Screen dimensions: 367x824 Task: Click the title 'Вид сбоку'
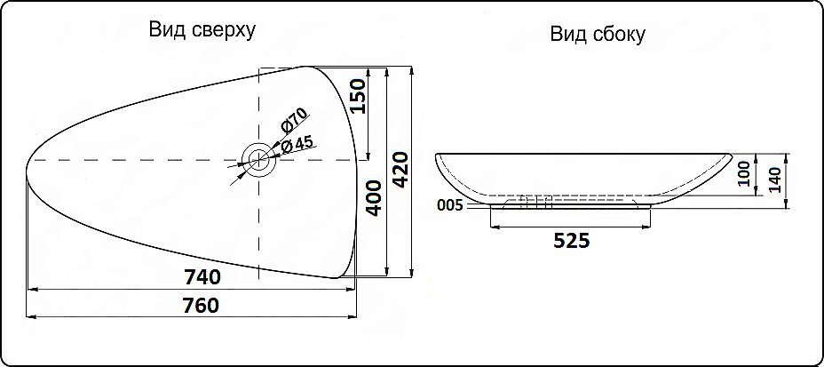pos(598,35)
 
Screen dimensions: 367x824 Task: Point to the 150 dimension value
pos(358,96)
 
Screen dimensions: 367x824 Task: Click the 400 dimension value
pos(374,198)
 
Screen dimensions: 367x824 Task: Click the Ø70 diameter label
pos(293,121)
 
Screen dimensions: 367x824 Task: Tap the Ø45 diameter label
pos(297,144)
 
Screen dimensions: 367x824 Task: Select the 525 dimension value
pos(570,241)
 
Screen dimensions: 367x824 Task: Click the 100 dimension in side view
pos(743,173)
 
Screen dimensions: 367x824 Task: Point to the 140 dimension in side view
pos(775,180)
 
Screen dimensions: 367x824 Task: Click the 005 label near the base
pos(450,206)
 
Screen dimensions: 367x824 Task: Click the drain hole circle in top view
pos(258,160)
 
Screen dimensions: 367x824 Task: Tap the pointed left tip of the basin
pos(28,161)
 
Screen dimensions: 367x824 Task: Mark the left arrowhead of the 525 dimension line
pos(494,227)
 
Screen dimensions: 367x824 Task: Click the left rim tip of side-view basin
pos(437,156)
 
